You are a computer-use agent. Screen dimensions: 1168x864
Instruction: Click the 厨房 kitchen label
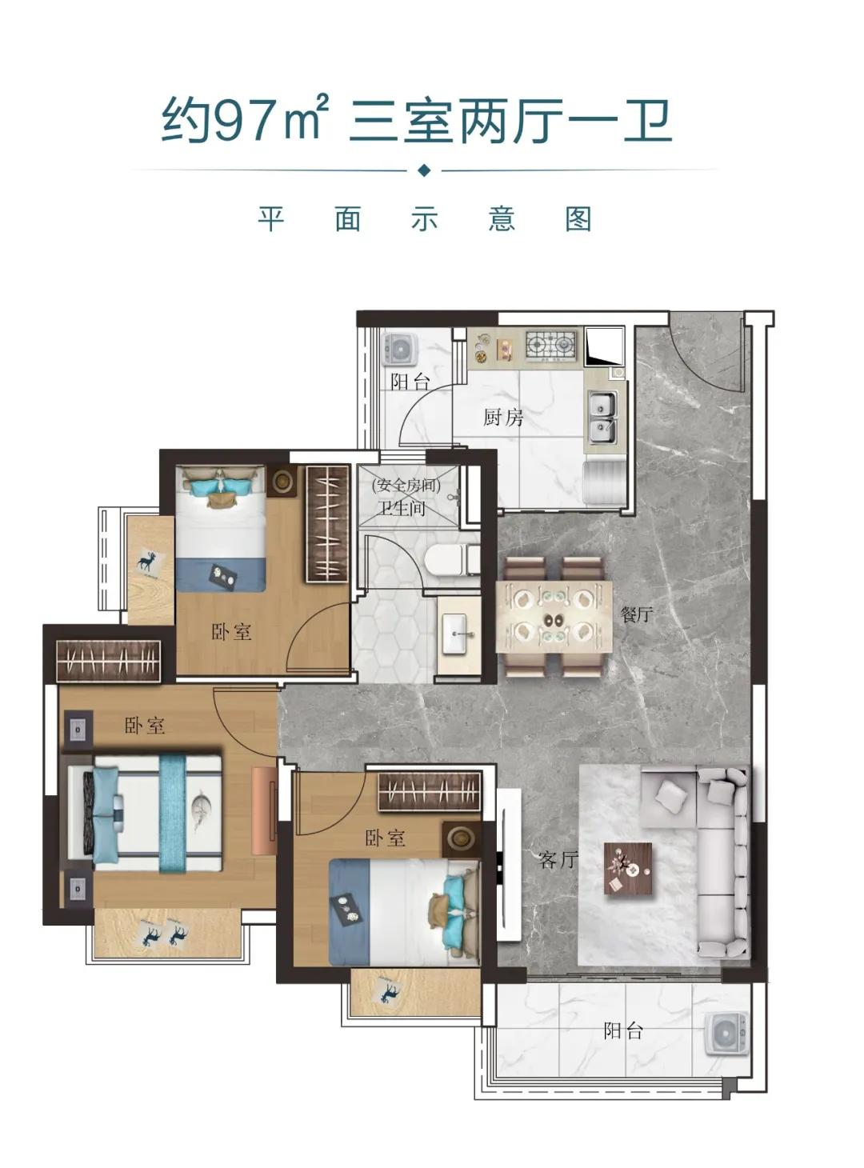point(503,417)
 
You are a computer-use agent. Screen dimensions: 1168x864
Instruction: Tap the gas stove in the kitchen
point(551,345)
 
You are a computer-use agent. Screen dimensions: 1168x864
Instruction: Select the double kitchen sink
point(602,418)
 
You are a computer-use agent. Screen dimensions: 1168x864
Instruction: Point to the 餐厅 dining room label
point(637,614)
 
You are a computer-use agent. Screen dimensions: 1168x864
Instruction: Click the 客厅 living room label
point(558,860)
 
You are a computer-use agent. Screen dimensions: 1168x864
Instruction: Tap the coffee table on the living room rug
point(627,869)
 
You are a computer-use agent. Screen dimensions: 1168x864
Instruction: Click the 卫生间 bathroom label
point(402,508)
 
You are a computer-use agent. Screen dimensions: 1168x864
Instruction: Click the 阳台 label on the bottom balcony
point(623,1031)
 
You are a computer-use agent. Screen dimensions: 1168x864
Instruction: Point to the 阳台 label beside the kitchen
point(410,382)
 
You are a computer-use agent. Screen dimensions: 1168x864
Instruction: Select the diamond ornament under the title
point(424,170)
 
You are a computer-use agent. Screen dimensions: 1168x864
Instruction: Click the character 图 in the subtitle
point(578,219)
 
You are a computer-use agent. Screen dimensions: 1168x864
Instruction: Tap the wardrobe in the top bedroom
point(327,523)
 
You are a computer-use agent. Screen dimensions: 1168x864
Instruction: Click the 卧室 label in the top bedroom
point(231,632)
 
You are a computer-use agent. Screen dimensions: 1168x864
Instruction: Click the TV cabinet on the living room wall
point(509,865)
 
